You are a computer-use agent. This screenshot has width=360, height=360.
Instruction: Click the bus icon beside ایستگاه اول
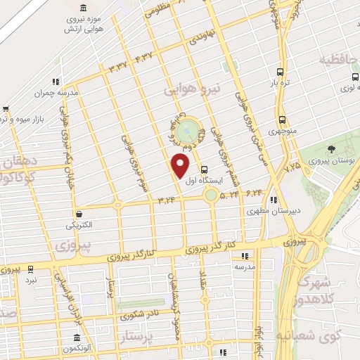pyautogui.click(x=204, y=169)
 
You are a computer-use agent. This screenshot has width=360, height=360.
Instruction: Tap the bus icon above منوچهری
pyautogui.click(x=281, y=120)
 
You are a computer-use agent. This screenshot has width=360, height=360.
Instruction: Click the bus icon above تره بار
pyautogui.click(x=281, y=72)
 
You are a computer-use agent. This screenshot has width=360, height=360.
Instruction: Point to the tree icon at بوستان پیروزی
pyautogui.click(x=330, y=148)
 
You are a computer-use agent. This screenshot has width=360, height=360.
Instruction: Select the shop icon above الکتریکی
pyautogui.click(x=78, y=214)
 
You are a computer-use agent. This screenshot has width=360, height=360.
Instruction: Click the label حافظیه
pyautogui.click(x=338, y=60)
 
